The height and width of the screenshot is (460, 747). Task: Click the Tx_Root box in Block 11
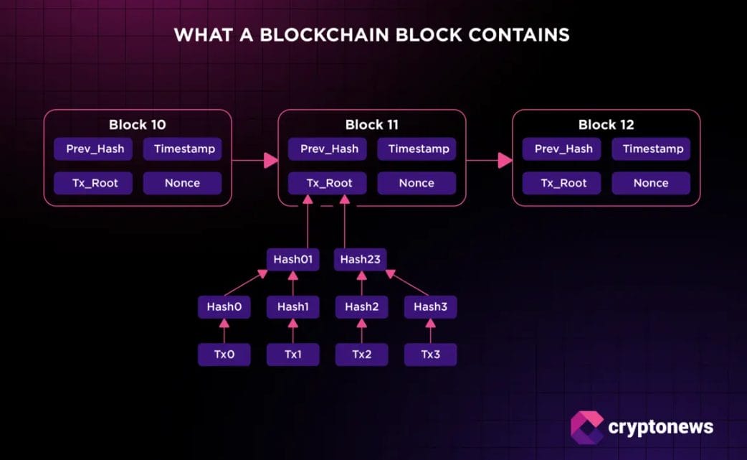point(330,183)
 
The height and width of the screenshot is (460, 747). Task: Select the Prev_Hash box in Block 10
point(95,149)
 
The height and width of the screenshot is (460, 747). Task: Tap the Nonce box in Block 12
point(651,183)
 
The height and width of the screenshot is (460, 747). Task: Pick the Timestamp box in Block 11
point(418,149)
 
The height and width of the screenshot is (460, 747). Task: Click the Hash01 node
point(292,259)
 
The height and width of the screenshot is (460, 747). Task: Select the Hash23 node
point(360,259)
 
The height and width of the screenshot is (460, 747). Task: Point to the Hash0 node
point(224,307)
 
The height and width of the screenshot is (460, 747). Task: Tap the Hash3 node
point(430,307)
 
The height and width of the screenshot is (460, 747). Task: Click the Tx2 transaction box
point(361,355)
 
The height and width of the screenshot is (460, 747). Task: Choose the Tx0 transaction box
point(224,355)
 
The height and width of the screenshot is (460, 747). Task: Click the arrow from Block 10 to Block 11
point(254,160)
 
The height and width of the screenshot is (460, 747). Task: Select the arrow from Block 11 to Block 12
point(489,160)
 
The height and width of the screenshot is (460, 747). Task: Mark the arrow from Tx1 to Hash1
point(292,331)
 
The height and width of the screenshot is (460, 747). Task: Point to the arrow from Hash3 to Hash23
point(409,283)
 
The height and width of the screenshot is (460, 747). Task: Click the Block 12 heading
point(606,125)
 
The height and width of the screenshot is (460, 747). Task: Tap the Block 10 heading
point(137,125)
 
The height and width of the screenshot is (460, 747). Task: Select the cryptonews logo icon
point(586,427)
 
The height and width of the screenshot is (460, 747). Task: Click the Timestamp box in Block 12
point(652,149)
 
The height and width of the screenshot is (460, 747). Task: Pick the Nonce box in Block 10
point(182,183)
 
